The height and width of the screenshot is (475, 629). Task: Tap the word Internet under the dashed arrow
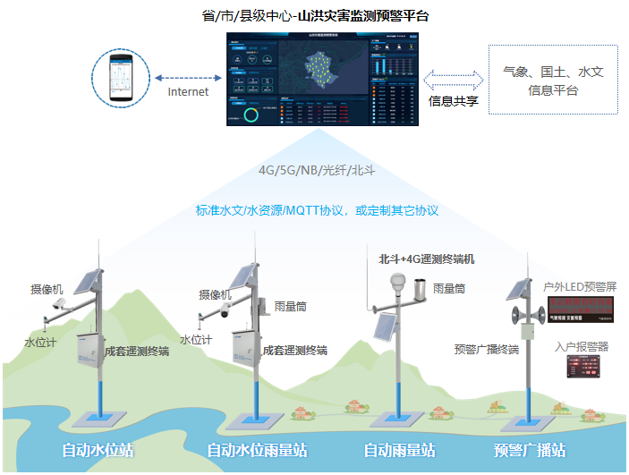tap(188, 91)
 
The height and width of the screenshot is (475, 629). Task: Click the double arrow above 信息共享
tap(453, 79)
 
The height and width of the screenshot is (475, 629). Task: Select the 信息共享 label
tap(454, 101)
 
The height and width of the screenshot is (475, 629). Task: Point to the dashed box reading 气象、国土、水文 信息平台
tap(552, 81)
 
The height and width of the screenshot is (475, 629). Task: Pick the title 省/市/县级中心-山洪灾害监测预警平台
tap(317, 16)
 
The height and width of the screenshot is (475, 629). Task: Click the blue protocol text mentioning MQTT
tap(317, 210)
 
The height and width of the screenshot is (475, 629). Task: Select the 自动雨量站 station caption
tap(399, 450)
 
